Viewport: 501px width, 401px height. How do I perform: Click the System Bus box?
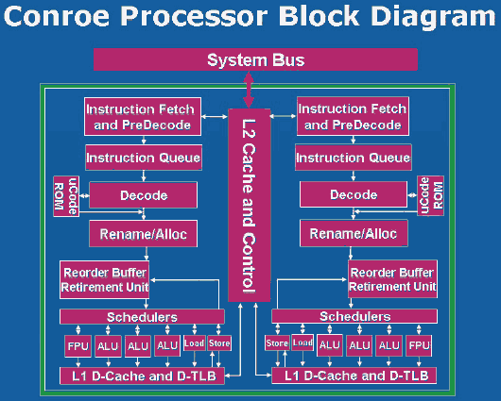pos(255,59)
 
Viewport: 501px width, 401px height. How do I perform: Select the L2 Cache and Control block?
pos(250,205)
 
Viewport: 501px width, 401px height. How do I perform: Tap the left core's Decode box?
pos(143,195)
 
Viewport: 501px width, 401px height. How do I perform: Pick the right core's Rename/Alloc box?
pos(354,233)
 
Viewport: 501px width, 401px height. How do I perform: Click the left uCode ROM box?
pos(66,196)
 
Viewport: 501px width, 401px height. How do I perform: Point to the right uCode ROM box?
pos(430,195)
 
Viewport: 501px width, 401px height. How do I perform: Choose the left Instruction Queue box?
pos(144,158)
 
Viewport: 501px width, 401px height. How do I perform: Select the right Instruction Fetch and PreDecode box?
pos(353,116)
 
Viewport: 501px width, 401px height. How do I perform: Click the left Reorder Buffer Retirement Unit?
pos(105,280)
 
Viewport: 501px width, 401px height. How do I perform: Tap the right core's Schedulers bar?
pos(354,316)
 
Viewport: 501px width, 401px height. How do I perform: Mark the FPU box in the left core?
pos(78,346)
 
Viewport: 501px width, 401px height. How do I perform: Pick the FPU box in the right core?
pos(419,345)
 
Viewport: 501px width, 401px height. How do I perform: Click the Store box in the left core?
pos(219,343)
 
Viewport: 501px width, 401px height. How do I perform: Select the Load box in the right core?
pos(302,343)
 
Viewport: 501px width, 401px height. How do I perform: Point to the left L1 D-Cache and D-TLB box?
pos(142,376)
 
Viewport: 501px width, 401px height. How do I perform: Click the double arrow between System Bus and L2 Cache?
pos(249,90)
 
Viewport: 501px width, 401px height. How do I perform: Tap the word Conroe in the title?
pos(57,16)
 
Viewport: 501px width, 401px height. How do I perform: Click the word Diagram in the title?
pos(433,18)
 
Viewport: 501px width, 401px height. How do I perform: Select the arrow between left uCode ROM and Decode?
pos(84,195)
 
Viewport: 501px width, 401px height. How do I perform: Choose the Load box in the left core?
pos(195,343)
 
